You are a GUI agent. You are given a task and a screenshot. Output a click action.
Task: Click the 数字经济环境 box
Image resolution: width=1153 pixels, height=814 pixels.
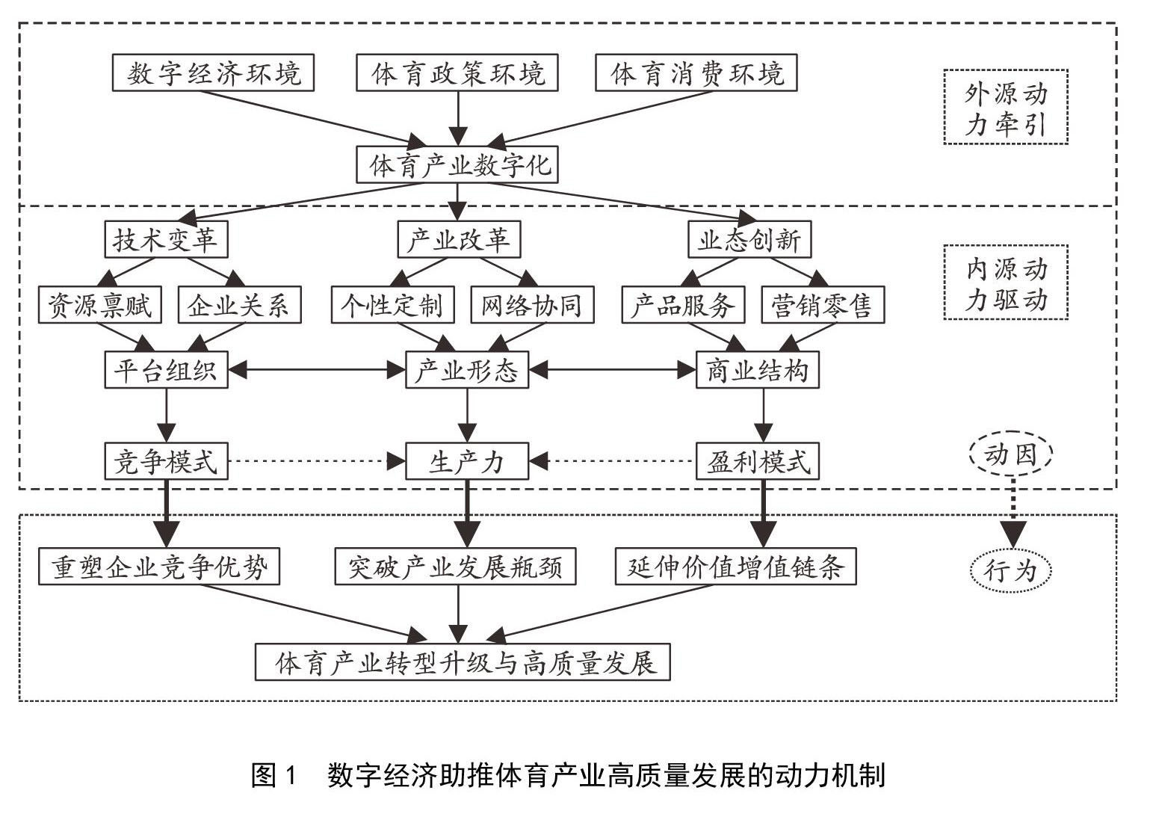coord(213,73)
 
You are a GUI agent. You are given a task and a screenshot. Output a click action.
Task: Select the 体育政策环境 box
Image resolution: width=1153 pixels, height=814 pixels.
coord(457,73)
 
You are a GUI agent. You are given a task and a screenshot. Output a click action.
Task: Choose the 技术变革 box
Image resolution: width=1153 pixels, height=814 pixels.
coord(165,241)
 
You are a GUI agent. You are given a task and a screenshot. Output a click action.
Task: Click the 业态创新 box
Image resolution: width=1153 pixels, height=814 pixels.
coord(749,241)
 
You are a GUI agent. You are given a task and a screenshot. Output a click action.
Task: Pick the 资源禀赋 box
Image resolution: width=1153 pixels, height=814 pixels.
coord(100,305)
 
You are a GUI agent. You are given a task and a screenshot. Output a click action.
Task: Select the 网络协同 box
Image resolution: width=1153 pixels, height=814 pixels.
coord(532,305)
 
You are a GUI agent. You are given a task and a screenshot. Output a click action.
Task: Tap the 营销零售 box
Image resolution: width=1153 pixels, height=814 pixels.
coord(822,305)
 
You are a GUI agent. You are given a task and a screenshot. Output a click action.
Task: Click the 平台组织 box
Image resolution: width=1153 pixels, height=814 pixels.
coord(165,370)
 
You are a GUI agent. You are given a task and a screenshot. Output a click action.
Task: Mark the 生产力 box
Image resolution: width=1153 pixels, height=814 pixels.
coord(467,461)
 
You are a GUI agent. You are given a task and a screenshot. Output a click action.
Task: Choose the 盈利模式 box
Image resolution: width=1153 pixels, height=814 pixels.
coord(758,461)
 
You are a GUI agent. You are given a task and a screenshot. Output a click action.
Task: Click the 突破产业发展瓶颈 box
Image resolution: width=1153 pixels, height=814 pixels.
coord(457,567)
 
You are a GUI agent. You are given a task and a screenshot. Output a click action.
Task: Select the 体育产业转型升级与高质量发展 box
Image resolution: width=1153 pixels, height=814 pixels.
coord(463,662)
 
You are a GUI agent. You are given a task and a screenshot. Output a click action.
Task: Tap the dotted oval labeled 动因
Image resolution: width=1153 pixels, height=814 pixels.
coord(1011,454)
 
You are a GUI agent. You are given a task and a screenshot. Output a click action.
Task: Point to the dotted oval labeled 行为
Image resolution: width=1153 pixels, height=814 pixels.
coord(1011,571)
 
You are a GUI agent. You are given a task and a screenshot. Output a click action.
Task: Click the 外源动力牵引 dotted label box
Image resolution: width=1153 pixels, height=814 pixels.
coord(1006,107)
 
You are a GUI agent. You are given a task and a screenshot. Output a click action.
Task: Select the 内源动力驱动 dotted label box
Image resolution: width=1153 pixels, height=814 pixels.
coord(1006,283)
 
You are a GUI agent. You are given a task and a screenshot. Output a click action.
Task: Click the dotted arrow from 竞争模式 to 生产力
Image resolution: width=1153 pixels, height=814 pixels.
coord(314,461)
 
